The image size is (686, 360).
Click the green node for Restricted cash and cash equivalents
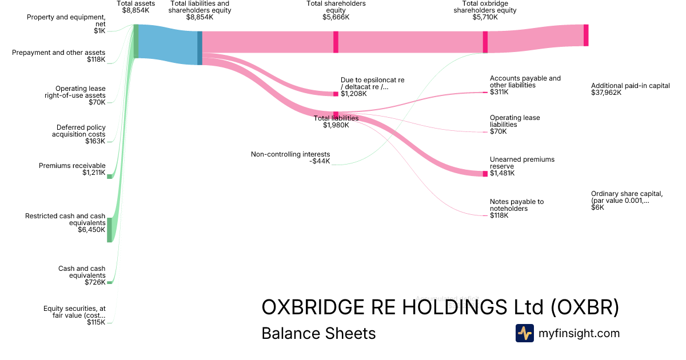point(110,230)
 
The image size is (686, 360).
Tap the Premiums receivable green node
point(110,177)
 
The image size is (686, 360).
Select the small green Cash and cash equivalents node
point(110,282)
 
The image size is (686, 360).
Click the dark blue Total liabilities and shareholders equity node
point(200,48)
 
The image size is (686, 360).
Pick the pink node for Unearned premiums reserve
point(485,174)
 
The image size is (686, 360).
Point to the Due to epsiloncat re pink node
point(336,94)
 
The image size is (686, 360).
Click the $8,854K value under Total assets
point(135,10)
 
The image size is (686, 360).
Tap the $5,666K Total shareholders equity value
point(336,17)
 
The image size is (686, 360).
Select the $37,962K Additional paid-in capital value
point(606,93)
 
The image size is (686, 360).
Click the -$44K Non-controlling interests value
point(320,161)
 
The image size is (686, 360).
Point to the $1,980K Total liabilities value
point(336,125)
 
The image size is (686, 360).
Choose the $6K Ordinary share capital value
point(597,207)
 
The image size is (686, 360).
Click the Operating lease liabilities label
point(514,121)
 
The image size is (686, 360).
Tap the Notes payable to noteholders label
point(517,205)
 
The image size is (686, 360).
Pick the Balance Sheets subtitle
point(318,333)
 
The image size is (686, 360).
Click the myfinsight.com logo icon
point(524,333)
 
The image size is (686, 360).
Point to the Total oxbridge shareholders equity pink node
point(485,42)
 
